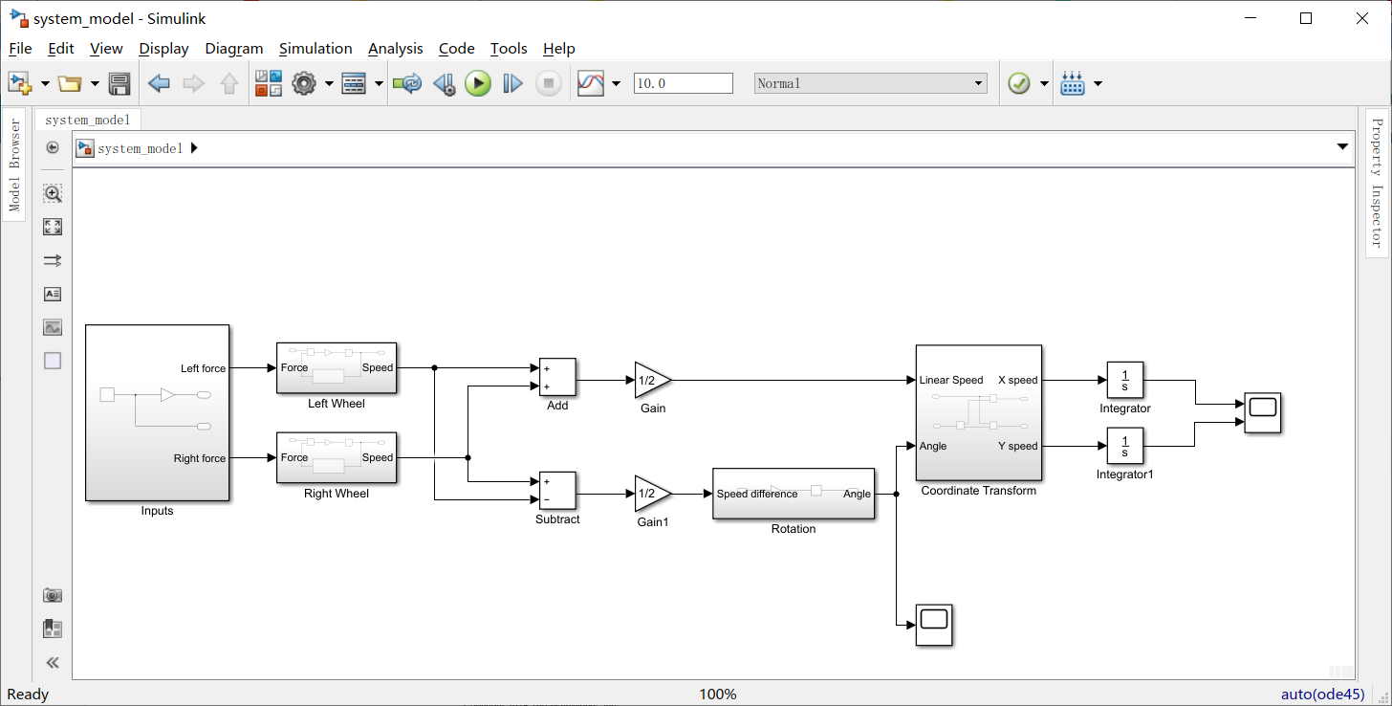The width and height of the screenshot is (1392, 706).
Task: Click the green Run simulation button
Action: (x=478, y=84)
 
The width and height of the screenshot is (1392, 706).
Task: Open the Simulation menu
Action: (x=315, y=49)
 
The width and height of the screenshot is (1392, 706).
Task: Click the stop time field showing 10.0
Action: (x=683, y=84)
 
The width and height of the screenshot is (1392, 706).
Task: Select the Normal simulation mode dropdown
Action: (x=870, y=84)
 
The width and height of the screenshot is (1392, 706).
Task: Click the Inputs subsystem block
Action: (x=157, y=412)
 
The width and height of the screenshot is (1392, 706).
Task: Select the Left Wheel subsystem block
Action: (x=336, y=368)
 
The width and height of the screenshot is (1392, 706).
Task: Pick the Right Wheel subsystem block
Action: (x=336, y=458)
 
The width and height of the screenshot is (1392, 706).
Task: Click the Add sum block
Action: (x=557, y=377)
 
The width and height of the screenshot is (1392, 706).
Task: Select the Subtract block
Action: (x=557, y=491)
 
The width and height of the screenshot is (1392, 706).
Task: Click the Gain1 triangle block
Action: (x=650, y=494)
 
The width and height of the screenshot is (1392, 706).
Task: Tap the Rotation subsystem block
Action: (x=793, y=494)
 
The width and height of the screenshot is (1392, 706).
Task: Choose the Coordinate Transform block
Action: (x=978, y=412)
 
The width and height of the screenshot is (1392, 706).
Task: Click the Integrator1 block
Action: (x=1124, y=446)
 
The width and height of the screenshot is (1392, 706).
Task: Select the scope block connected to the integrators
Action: (x=1262, y=413)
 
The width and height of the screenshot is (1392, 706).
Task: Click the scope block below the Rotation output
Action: (x=933, y=625)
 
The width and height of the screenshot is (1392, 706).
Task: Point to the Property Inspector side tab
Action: (x=1377, y=182)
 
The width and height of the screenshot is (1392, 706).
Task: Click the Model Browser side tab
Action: (x=14, y=165)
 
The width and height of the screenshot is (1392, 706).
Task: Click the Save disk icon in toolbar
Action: (x=120, y=84)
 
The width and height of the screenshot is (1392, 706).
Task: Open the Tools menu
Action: (x=509, y=49)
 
